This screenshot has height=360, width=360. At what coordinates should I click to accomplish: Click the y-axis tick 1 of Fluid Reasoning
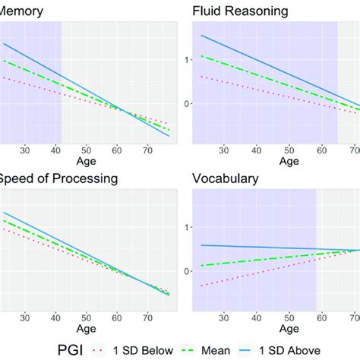coord(187,58)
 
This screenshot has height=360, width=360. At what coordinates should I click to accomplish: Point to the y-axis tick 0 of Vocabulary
coord(187,271)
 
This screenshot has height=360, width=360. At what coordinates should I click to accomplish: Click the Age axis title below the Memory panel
coord(86,161)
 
